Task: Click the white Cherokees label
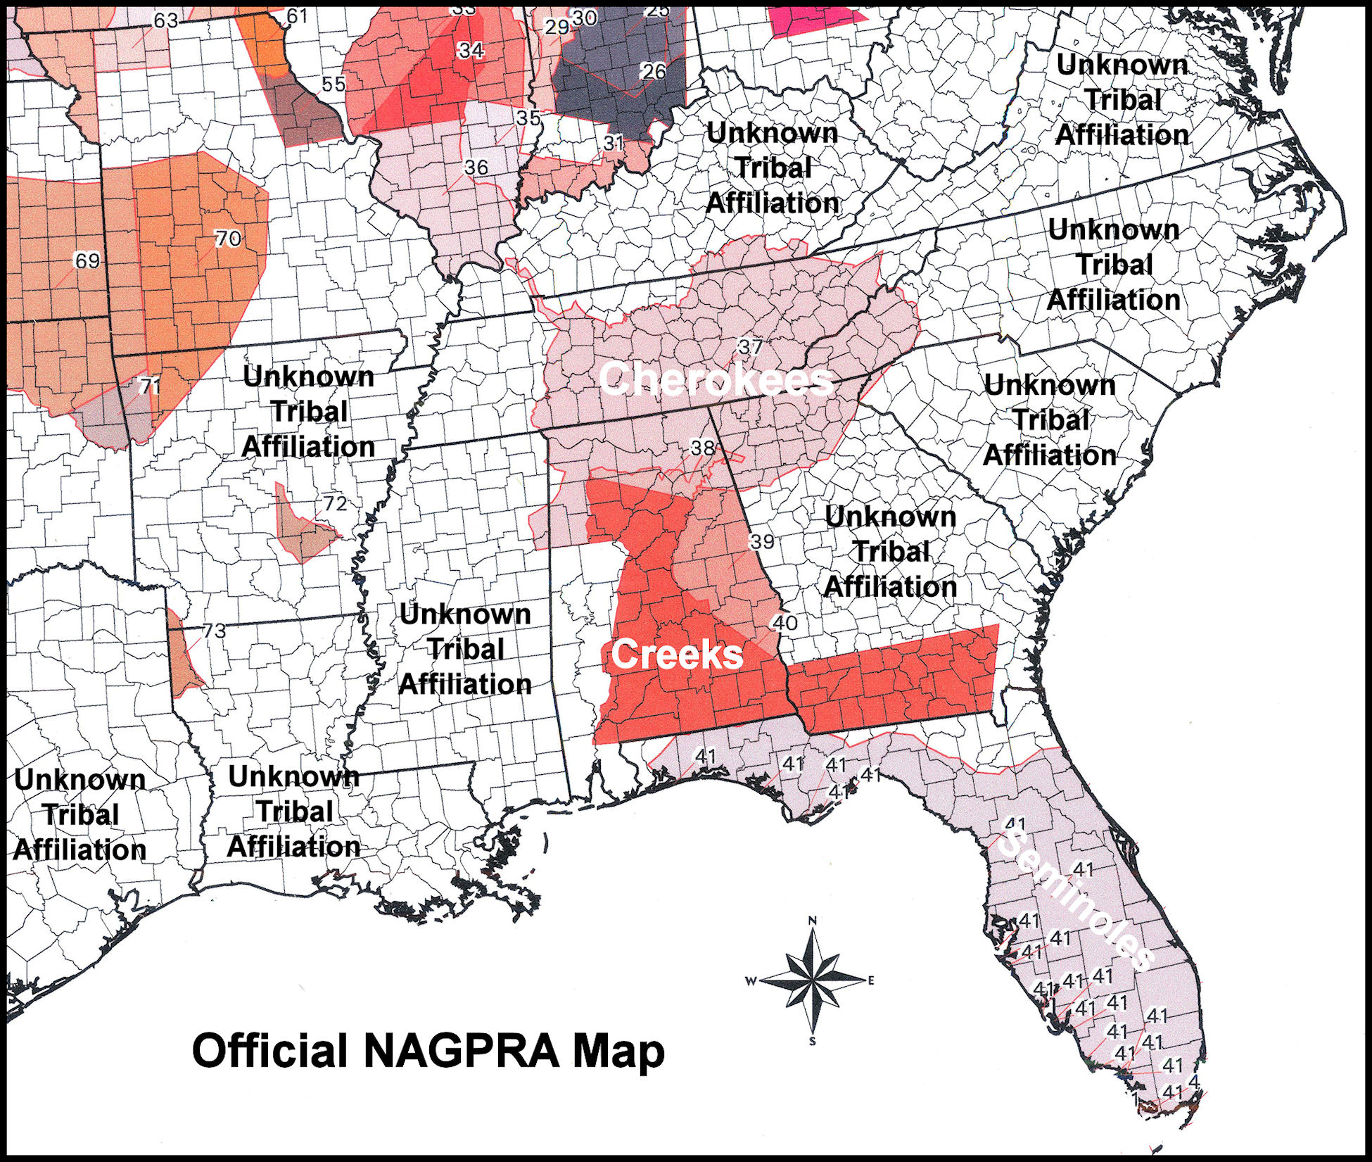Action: click(x=716, y=379)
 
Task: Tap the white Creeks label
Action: click(x=676, y=654)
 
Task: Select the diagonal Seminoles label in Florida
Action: click(x=1076, y=898)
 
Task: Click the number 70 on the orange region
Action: click(x=227, y=239)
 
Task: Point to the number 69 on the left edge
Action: click(x=87, y=260)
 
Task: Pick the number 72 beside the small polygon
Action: click(x=335, y=503)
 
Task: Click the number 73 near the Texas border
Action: click(x=214, y=631)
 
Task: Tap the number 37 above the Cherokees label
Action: click(x=750, y=346)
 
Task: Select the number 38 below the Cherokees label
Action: click(x=702, y=448)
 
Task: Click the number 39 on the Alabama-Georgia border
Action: click(x=761, y=541)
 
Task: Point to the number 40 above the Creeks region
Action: click(x=785, y=622)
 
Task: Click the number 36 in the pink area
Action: click(x=476, y=168)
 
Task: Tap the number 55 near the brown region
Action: click(x=334, y=84)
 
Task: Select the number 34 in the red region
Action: click(x=471, y=50)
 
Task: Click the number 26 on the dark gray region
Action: click(x=653, y=71)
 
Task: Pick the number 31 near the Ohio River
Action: click(x=614, y=143)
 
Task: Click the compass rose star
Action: click(x=812, y=980)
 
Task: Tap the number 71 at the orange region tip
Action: click(x=148, y=386)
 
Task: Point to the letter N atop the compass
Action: click(x=812, y=920)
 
